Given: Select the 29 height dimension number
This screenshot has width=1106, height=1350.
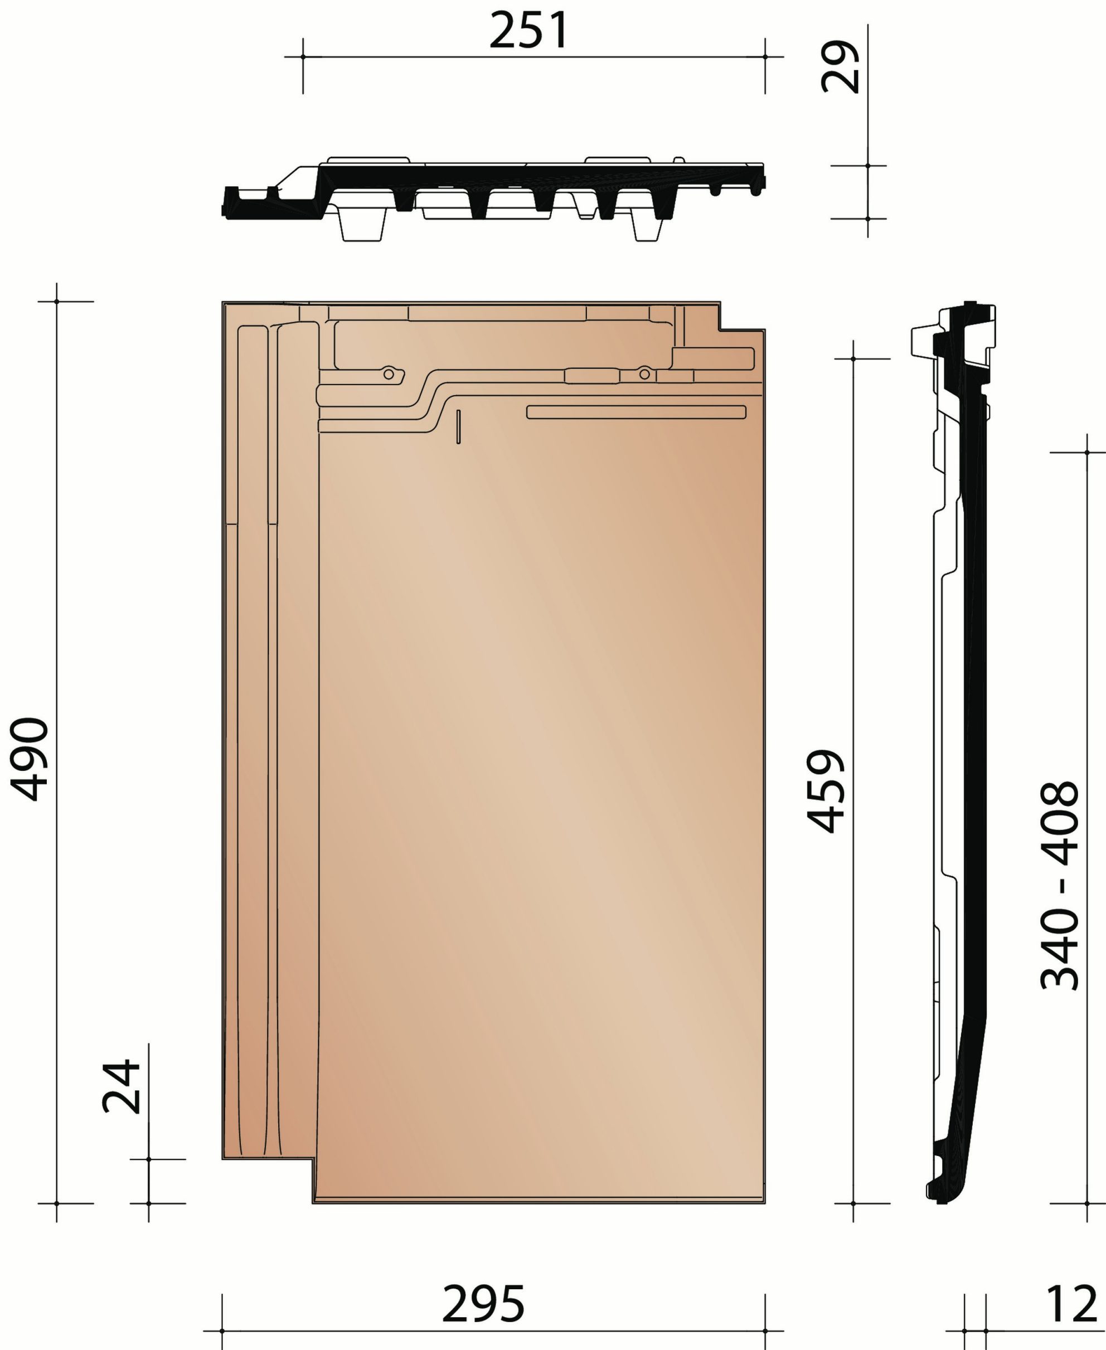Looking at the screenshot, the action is tap(840, 67).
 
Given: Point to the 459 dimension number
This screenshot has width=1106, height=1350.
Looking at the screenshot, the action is tap(826, 791).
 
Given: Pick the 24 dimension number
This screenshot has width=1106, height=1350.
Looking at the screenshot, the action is tap(121, 1086).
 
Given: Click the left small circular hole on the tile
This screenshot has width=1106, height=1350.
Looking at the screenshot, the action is tap(389, 374).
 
